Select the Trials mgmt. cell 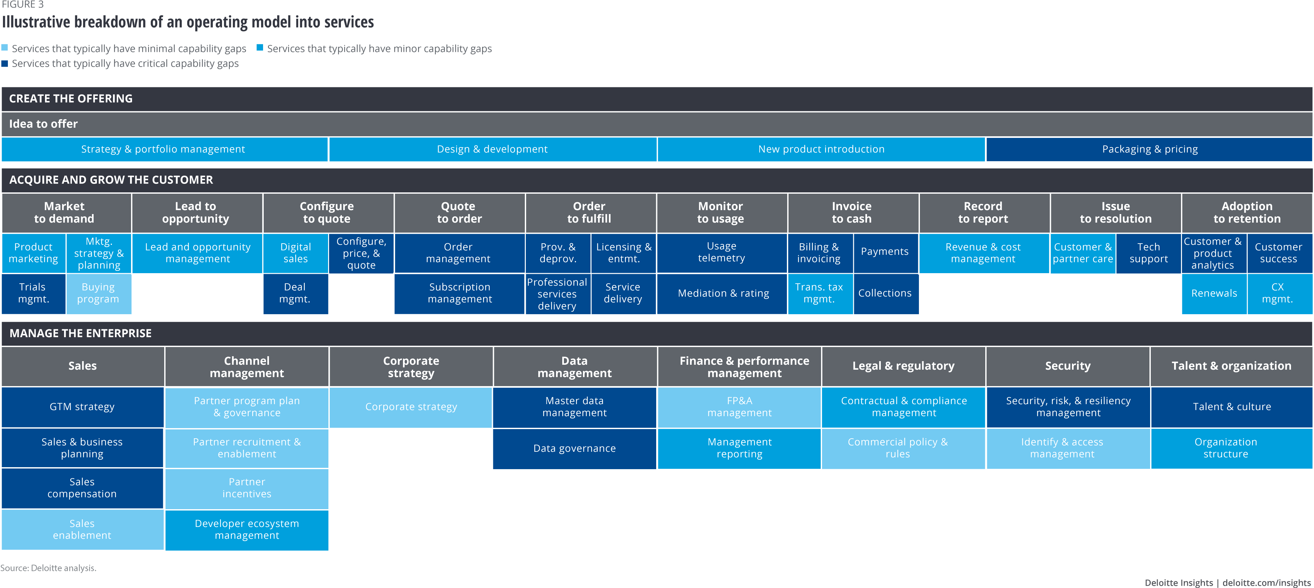(x=34, y=293)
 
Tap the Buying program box (x=99, y=293)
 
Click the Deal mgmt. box (x=295, y=293)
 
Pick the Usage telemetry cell (x=721, y=252)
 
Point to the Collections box (x=885, y=293)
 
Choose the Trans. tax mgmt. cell (x=819, y=293)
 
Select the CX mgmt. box (x=1278, y=293)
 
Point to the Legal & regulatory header (x=903, y=366)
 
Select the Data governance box (x=574, y=448)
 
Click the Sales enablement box (x=82, y=529)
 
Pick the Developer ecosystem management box (x=247, y=529)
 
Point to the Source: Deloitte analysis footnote (x=49, y=568)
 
